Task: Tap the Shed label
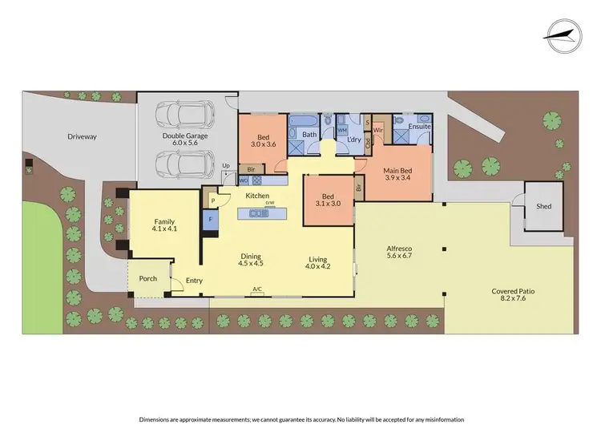(543, 206)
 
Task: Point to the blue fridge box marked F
(210, 218)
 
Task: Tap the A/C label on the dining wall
(257, 289)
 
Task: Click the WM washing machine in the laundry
(341, 129)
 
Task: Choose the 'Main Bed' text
(397, 170)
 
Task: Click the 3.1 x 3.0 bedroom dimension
(327, 205)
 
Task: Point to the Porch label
(147, 279)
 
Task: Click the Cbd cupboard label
(368, 145)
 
